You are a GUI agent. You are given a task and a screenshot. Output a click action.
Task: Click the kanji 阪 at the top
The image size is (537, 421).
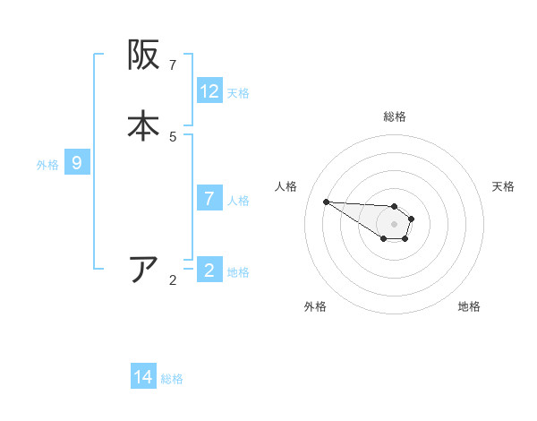(x=143, y=56)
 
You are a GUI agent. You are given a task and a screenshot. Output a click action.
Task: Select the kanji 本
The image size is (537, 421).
(x=143, y=125)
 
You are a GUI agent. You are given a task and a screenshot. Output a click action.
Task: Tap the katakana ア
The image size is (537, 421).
(x=143, y=270)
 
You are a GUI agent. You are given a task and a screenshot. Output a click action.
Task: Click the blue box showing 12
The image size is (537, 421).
(x=209, y=91)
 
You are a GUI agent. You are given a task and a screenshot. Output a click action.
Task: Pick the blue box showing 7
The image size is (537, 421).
(x=209, y=199)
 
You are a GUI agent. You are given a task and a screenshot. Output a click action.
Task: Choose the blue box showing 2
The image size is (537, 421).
(x=209, y=270)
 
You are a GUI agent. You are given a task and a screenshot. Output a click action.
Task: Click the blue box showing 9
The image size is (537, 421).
(x=77, y=163)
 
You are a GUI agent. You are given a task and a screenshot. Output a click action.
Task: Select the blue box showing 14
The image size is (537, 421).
(x=143, y=377)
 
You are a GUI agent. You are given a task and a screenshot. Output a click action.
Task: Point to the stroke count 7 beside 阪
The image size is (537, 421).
(x=173, y=65)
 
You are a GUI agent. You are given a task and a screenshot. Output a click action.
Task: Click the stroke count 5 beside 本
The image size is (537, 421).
(x=173, y=137)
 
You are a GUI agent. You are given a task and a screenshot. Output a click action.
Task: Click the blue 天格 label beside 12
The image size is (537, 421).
(x=238, y=92)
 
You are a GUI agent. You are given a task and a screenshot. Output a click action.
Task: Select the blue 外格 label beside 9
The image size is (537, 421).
(x=47, y=164)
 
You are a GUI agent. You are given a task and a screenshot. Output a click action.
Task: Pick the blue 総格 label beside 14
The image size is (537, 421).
(x=172, y=378)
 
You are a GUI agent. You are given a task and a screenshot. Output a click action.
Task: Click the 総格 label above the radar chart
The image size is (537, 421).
(x=394, y=116)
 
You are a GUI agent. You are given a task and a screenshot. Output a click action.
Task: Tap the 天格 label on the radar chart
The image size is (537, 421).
(x=503, y=186)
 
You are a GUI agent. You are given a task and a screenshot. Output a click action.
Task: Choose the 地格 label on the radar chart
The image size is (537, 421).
(x=469, y=306)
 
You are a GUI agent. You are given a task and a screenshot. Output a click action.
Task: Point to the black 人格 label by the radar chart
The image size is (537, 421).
(x=286, y=186)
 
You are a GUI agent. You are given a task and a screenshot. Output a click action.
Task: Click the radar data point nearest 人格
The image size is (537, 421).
(x=326, y=202)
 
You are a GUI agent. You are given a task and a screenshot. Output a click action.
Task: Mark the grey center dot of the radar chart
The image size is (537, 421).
(x=394, y=224)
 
